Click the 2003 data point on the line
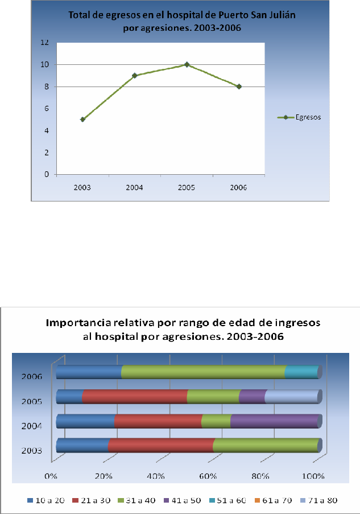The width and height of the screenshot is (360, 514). pyautogui.click(x=82, y=120)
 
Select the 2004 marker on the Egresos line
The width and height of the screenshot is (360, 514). pyautogui.click(x=135, y=75)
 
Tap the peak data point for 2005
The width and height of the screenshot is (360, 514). pyautogui.click(x=187, y=64)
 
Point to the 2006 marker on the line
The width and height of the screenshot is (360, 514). pyautogui.click(x=239, y=87)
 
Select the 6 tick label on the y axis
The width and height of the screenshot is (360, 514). pyautogui.click(x=45, y=109)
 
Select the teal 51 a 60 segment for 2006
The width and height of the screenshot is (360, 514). pyautogui.click(x=301, y=372)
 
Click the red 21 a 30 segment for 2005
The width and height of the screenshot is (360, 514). pyautogui.click(x=135, y=396)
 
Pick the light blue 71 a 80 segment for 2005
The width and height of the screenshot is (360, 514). pyautogui.click(x=291, y=396)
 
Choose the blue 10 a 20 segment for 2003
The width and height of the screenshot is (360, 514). pyautogui.click(x=82, y=445)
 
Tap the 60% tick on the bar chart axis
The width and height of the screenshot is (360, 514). pyautogui.click(x=208, y=476)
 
